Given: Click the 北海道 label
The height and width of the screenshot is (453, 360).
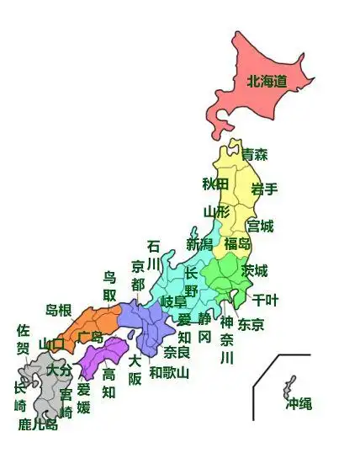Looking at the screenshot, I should (267, 82).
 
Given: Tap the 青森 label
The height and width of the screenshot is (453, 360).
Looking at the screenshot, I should (255, 155).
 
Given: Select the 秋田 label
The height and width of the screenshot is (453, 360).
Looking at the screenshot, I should (215, 184).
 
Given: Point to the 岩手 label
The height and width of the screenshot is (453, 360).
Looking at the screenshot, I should (264, 189).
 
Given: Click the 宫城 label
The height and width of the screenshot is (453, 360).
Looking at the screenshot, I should (260, 226).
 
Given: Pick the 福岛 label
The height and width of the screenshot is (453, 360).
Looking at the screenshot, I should (238, 244).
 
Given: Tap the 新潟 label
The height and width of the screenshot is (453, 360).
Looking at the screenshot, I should (199, 244).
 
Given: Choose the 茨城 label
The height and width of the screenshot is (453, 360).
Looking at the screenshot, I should (255, 270).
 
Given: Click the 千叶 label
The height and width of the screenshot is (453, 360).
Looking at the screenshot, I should (265, 299).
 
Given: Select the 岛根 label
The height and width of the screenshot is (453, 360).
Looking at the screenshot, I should (59, 311).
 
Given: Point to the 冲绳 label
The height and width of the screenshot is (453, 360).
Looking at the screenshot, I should (299, 404).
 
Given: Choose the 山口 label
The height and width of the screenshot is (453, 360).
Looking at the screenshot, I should (51, 344).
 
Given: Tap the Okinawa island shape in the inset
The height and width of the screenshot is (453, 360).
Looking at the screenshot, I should (290, 387).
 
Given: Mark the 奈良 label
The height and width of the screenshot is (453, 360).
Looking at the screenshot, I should (177, 351).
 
